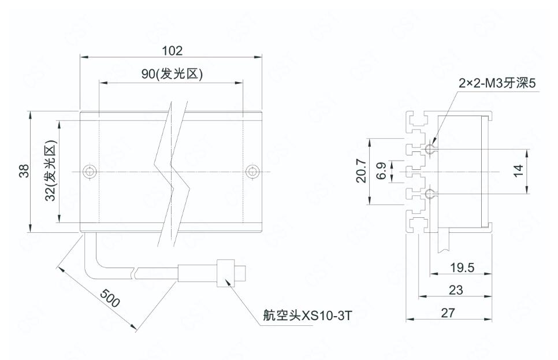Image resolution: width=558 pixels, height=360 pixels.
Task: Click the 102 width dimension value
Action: coord(172,50)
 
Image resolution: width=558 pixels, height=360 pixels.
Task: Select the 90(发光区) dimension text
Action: coord(172,75)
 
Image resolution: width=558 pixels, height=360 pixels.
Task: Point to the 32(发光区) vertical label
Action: coord(50,171)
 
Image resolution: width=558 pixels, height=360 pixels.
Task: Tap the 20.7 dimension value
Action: coord(361,172)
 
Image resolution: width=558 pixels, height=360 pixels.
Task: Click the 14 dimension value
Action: coord(518,171)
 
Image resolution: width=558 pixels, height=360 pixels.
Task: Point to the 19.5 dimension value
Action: coord(462,267)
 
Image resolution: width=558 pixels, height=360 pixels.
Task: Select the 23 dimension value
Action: coord(456,290)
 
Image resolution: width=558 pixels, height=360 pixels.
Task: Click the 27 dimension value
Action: coord(448,313)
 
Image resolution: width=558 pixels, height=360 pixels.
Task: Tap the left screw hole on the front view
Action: coord(88,172)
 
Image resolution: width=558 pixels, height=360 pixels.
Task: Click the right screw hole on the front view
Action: coord(251,172)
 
